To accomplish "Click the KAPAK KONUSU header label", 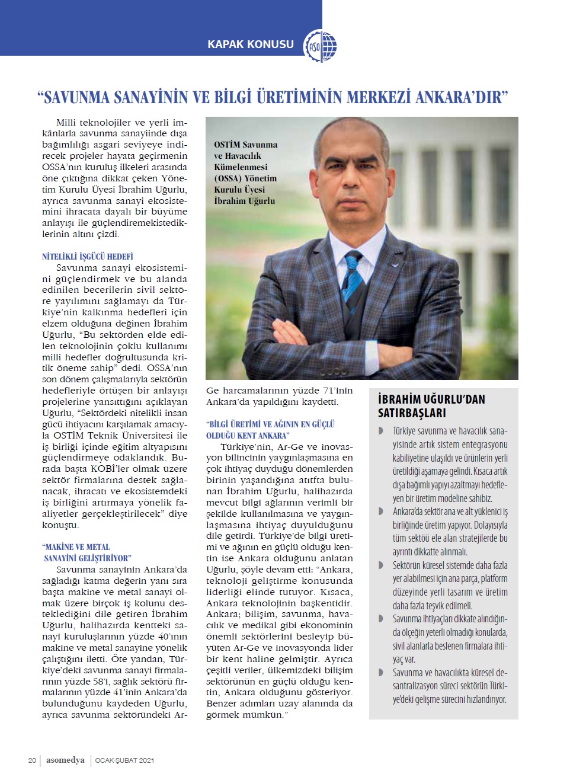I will coord(250,44).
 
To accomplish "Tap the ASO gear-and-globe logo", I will coord(320,46).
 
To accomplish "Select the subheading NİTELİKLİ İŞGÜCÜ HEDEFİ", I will coord(88,257).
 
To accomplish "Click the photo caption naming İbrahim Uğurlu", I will coord(245,172).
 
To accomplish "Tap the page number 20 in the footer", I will coord(32,760).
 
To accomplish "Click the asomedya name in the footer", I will coord(65,760).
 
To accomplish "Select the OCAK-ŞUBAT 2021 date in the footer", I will coord(124,760).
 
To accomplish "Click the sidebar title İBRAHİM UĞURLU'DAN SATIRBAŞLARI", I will coord(431,406).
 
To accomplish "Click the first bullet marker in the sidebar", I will coord(381,431).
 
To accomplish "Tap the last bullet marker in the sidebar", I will coord(381,673).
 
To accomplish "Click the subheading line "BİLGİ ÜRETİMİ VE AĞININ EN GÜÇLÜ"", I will coord(271,424).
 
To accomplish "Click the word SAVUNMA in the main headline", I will coord(77,97).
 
